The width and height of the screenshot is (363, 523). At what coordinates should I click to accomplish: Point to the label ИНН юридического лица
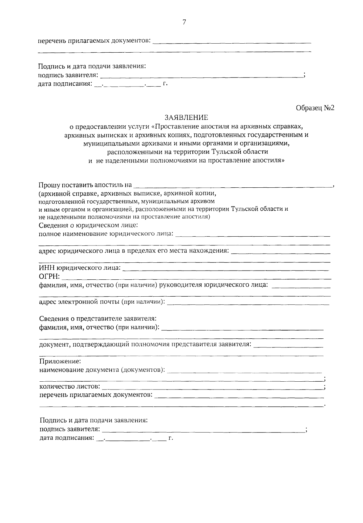80,268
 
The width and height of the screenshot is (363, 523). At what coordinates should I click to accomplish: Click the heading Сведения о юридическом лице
89,225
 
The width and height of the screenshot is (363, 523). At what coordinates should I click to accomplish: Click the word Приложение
60,361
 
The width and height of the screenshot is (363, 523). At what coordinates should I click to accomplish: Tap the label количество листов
70,386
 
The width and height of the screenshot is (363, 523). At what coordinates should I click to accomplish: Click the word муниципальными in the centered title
108,143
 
